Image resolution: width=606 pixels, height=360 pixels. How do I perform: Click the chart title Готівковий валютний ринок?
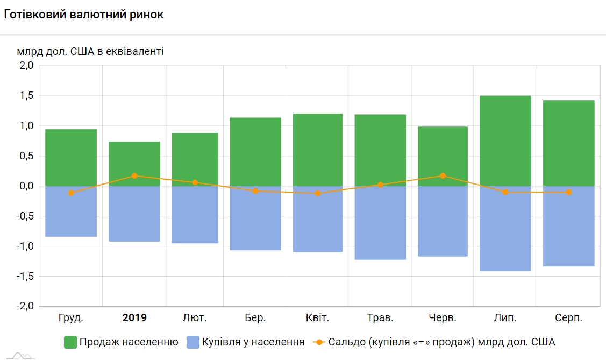click(83, 15)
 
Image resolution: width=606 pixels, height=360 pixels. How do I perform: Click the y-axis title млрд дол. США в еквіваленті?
click(90, 51)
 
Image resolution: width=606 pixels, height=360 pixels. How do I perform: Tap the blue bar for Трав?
click(380, 223)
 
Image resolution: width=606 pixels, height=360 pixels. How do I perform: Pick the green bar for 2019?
click(134, 164)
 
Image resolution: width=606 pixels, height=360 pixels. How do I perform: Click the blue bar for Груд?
click(71, 211)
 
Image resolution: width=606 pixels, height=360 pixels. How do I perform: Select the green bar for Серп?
click(568, 143)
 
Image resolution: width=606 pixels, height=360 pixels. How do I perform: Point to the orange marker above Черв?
click(443, 175)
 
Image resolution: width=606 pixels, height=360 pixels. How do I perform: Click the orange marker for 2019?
click(134, 175)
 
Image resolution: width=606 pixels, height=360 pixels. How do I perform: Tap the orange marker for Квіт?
click(318, 193)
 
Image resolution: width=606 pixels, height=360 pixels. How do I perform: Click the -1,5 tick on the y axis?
click(25, 276)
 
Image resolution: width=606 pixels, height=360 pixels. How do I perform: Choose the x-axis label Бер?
click(255, 318)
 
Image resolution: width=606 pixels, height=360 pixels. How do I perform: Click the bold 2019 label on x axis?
click(134, 318)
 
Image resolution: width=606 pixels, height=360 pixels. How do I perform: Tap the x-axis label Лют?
click(195, 318)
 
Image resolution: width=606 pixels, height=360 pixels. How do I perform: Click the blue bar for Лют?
click(195, 214)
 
